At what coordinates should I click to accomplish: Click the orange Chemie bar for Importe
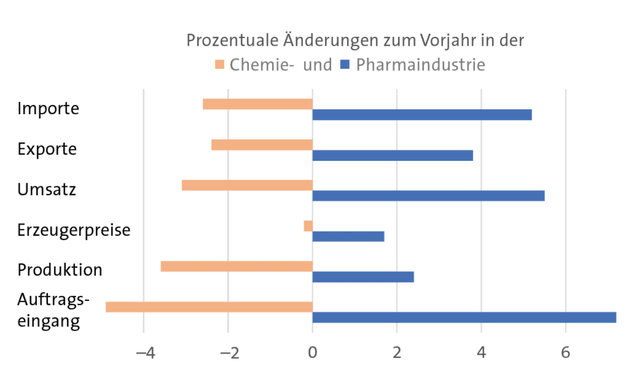pyautogui.click(x=258, y=104)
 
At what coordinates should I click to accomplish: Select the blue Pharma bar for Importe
pyautogui.click(x=422, y=114)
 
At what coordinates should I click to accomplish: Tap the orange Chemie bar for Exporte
pyautogui.click(x=262, y=145)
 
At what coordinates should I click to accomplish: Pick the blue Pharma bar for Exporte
pyautogui.click(x=392, y=155)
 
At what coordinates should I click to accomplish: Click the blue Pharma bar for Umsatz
pyautogui.click(x=428, y=196)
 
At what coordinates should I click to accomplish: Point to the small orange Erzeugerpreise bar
pyautogui.click(x=308, y=226)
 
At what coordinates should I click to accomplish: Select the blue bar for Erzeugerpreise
pyautogui.click(x=348, y=236)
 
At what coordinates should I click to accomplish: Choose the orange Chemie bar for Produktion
pyautogui.click(x=236, y=266)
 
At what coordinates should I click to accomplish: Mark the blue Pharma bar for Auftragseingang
pyautogui.click(x=464, y=317)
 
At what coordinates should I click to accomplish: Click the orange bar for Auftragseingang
pyautogui.click(x=209, y=307)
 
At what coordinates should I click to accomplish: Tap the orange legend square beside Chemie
pyautogui.click(x=219, y=65)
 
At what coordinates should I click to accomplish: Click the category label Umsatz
pyautogui.click(x=46, y=189)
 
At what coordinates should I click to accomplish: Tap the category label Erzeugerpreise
pyautogui.click(x=73, y=230)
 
